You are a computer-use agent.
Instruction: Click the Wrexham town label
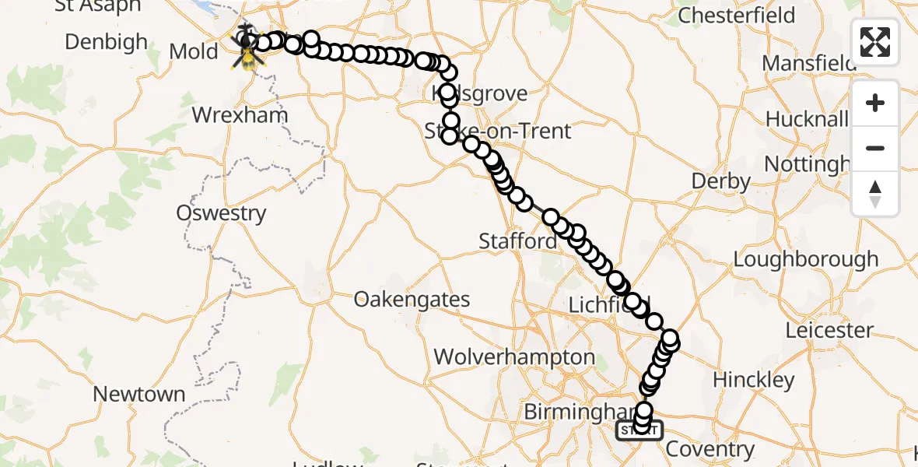[240, 115]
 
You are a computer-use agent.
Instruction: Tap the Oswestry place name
[221, 213]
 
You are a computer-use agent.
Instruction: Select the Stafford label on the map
[517, 241]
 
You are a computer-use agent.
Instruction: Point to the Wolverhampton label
[514, 357]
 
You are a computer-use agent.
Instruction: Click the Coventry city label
[710, 449]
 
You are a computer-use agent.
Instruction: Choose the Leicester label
[829, 330]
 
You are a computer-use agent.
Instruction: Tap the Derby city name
[721, 182]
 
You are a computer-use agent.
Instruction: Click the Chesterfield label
[737, 16]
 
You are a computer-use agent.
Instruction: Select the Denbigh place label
[106, 42]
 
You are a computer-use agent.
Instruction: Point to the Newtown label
[139, 395]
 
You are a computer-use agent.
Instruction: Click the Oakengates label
[412, 300]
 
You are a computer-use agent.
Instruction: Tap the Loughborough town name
[806, 259]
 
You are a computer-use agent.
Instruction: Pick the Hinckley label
[754, 381]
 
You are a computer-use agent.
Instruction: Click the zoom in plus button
[875, 103]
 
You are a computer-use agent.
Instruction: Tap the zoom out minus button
[875, 148]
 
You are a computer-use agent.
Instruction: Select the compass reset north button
[875, 193]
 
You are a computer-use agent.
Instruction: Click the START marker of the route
[639, 430]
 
